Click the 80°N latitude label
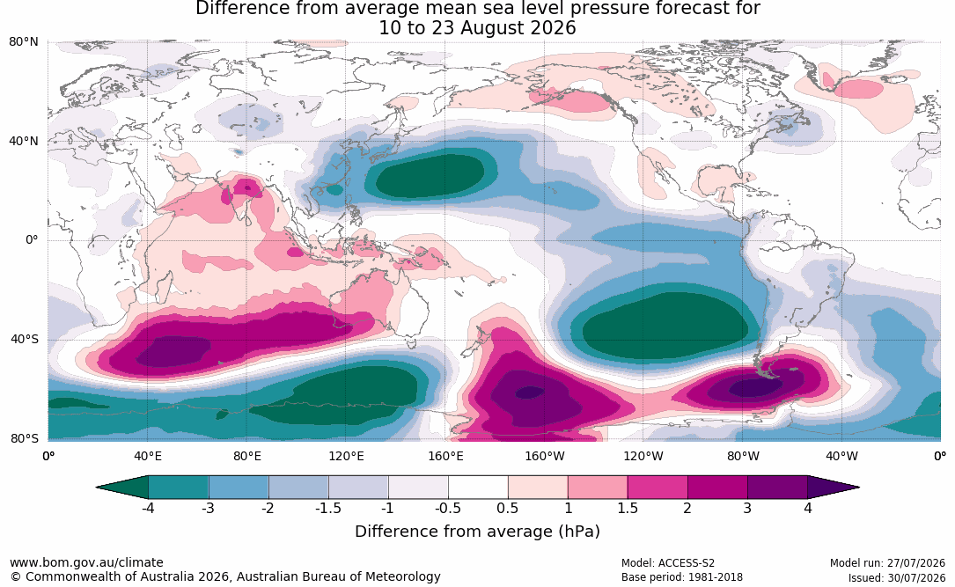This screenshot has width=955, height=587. click(x=23, y=42)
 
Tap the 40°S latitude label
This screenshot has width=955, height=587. click(x=24, y=339)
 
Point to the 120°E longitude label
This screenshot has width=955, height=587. click(x=346, y=456)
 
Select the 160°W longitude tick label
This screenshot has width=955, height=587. click(x=545, y=456)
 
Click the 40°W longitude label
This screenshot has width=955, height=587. click(x=841, y=456)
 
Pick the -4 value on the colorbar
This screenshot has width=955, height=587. click(x=148, y=508)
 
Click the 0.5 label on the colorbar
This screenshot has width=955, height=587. click(x=507, y=508)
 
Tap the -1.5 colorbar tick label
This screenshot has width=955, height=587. click(x=327, y=508)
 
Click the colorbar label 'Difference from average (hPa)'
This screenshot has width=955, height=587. click(x=477, y=531)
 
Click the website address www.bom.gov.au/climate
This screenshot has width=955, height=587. click(x=86, y=562)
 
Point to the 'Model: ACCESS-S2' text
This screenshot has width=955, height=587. click(x=667, y=562)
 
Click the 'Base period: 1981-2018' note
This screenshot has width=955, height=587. click(x=681, y=576)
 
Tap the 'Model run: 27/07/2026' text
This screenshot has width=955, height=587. click(x=887, y=562)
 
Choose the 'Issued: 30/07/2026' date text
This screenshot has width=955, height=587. click(x=897, y=576)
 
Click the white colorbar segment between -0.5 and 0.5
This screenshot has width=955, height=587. click(x=478, y=488)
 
